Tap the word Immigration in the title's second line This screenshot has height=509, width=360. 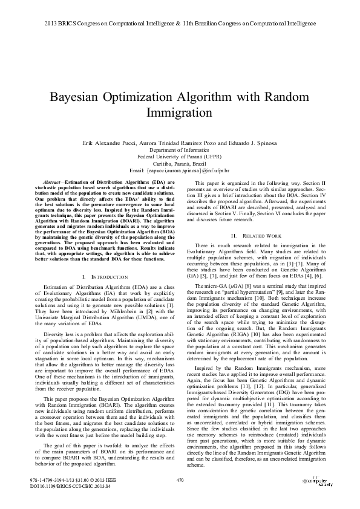pos(180,112)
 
